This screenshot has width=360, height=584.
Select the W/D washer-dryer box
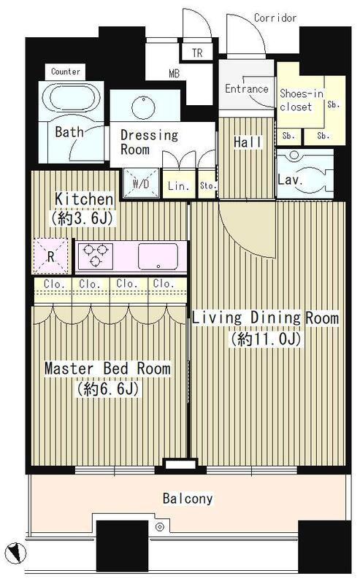(x=141, y=183)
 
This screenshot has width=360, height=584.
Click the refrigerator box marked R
(x=50, y=255)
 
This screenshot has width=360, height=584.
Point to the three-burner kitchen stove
(x=95, y=255)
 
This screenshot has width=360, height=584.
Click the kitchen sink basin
(x=158, y=256)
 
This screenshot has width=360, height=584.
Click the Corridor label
(x=275, y=18)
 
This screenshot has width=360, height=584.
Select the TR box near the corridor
(x=196, y=52)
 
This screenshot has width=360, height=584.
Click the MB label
(x=174, y=74)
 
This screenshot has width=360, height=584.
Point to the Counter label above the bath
(x=66, y=71)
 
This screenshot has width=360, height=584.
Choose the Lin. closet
(x=179, y=185)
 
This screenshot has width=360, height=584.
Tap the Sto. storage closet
(x=207, y=185)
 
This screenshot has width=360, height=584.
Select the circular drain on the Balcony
(x=160, y=526)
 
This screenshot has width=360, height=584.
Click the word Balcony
(x=188, y=499)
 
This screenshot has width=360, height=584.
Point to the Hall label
(x=248, y=142)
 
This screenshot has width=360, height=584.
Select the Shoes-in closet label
(x=301, y=100)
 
